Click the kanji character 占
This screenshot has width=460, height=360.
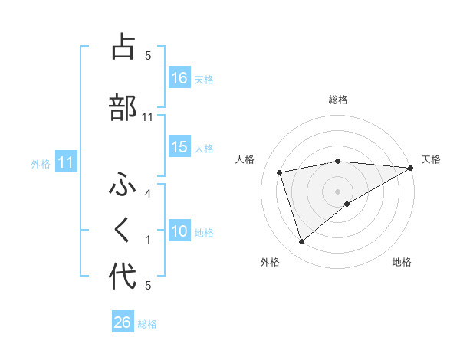coord(123,47)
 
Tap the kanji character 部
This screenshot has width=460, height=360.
coord(123,107)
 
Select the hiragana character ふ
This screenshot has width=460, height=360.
coord(123,185)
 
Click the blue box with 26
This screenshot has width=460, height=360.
coord(123,322)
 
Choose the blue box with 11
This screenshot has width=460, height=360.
coord(65,162)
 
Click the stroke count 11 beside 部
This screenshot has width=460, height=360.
coord(149,117)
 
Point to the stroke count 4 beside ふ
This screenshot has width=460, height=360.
coord(148,194)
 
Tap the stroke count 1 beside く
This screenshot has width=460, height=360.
coord(148,240)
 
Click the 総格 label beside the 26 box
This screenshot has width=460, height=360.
coord(148,323)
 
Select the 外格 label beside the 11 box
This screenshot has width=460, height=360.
coord(41,163)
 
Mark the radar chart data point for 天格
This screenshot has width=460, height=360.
coord(411,168)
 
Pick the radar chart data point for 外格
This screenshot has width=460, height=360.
coord(301,242)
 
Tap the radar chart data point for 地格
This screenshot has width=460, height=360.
coord(347,204)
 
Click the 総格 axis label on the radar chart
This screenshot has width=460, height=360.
coord(338,100)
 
